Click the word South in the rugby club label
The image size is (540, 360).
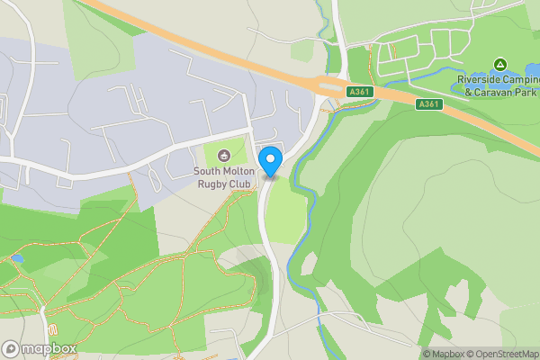click(x=210, y=171)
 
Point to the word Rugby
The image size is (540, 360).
click(x=212, y=184)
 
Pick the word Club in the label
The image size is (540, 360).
click(x=239, y=184)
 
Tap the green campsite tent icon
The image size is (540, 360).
click(x=499, y=64)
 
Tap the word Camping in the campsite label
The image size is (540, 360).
click(x=523, y=79)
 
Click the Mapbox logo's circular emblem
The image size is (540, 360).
click(x=12, y=348)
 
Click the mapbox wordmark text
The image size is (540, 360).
click(x=49, y=348)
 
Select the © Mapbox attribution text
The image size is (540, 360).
click(x=445, y=354)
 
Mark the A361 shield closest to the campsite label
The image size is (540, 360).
click(x=428, y=105)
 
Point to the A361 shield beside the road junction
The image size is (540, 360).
click(x=358, y=93)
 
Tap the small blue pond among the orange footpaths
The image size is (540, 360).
click(x=18, y=258)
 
